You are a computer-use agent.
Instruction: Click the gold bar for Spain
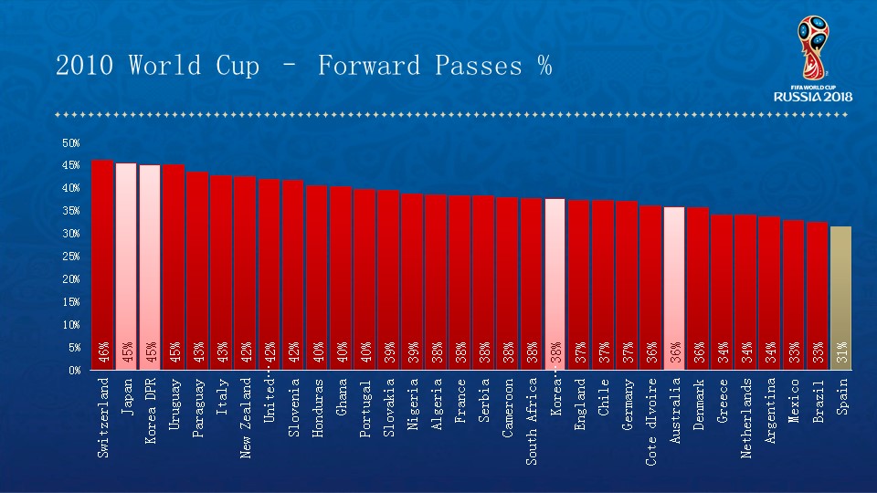click(x=840, y=292)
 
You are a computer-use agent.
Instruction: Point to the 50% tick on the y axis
click(x=71, y=143)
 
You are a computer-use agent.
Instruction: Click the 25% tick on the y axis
click(x=71, y=257)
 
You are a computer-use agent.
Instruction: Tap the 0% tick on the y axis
click(x=73, y=371)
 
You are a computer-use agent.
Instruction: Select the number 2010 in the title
click(x=85, y=66)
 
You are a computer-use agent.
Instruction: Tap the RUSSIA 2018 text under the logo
click(x=813, y=96)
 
